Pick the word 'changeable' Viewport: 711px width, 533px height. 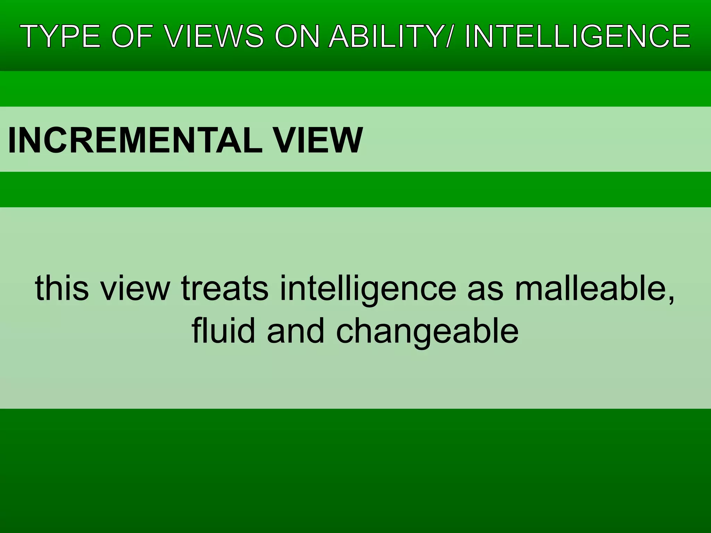427,331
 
